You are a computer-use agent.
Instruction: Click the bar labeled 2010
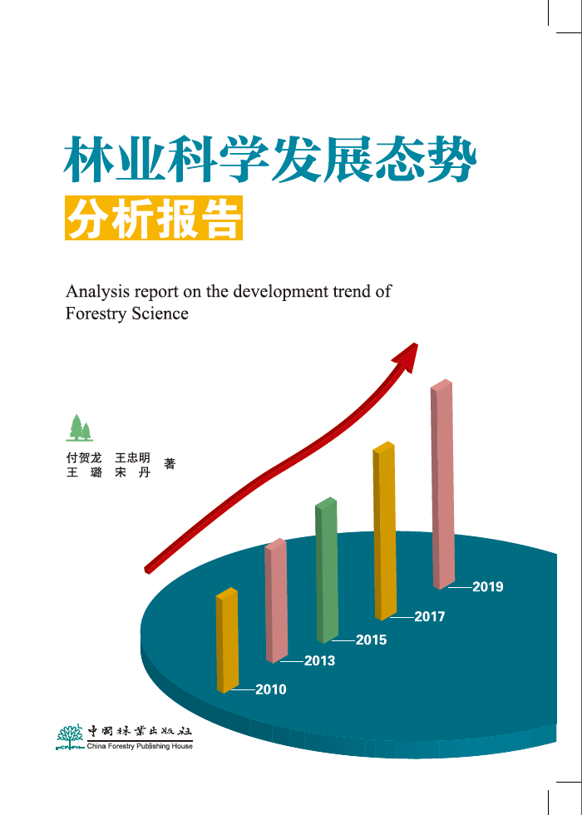(x=227, y=640)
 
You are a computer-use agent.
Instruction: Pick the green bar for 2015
(x=327, y=570)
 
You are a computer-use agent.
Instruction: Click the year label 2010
(x=270, y=689)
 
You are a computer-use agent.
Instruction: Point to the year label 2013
(x=319, y=661)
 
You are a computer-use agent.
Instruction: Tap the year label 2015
(x=371, y=640)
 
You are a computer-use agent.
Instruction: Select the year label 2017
(x=429, y=617)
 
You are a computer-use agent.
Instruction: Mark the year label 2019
(x=488, y=587)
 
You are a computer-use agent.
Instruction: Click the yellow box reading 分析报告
(x=154, y=218)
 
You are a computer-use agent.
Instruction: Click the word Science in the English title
(x=160, y=314)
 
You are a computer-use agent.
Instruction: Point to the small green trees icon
(x=79, y=427)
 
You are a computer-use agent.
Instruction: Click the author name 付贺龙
(x=83, y=458)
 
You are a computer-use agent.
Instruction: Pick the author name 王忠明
(x=132, y=458)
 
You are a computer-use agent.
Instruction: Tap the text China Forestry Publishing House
(x=140, y=746)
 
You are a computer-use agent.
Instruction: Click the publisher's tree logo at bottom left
(x=71, y=736)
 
